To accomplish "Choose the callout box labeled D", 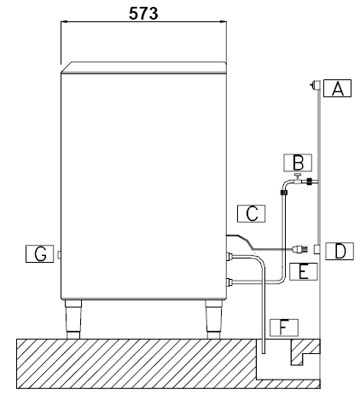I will (x=339, y=251).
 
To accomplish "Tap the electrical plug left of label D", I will (x=299, y=250).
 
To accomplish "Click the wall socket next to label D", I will (x=316, y=249).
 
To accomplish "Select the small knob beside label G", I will (x=58, y=254).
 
